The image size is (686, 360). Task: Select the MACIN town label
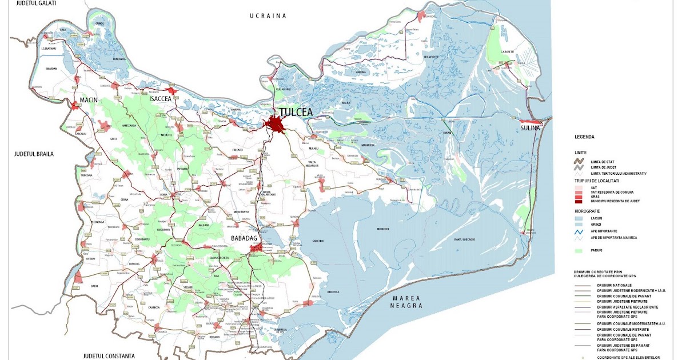tap(89, 100)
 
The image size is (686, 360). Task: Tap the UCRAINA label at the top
tap(268, 16)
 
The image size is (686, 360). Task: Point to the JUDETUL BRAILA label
tap(35, 154)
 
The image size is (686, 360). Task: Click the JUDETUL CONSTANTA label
tap(109, 355)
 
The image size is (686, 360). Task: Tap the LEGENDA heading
tap(586, 137)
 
